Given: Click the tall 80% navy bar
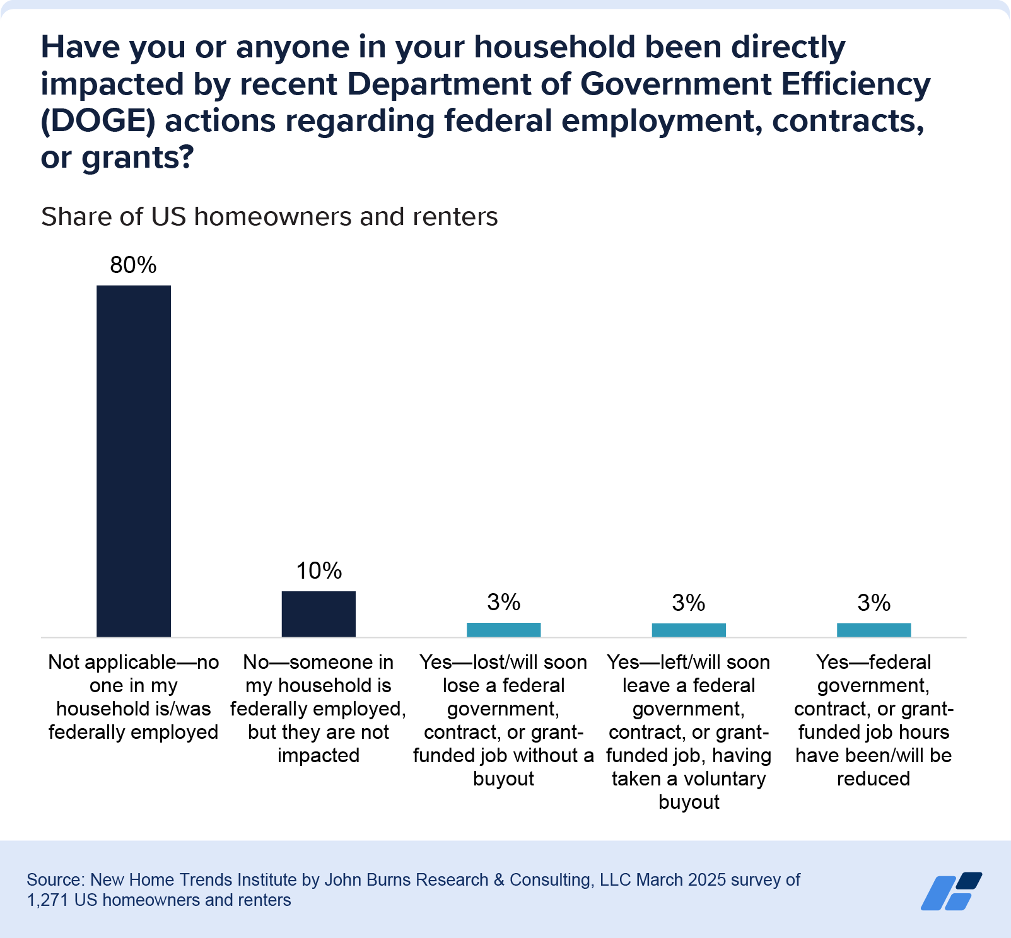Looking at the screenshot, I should (133, 461).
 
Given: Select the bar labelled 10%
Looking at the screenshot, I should (318, 613).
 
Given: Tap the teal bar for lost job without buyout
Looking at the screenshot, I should (503, 630).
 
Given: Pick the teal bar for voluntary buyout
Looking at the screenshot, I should (689, 630).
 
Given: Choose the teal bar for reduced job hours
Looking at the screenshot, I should (874, 630).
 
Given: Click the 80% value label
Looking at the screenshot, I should (133, 265).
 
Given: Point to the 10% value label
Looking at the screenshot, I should (318, 571).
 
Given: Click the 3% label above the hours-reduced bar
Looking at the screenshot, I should (874, 603).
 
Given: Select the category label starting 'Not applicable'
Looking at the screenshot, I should (133, 697).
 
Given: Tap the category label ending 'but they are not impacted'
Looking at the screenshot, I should (318, 709).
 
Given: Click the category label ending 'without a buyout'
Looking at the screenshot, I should (503, 721).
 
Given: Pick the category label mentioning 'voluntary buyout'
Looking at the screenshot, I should (689, 732).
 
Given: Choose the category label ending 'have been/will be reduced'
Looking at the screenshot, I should (874, 721).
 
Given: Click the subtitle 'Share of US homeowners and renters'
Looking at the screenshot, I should (269, 217).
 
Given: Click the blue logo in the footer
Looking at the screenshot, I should (951, 891).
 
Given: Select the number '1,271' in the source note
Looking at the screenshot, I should (48, 900).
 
